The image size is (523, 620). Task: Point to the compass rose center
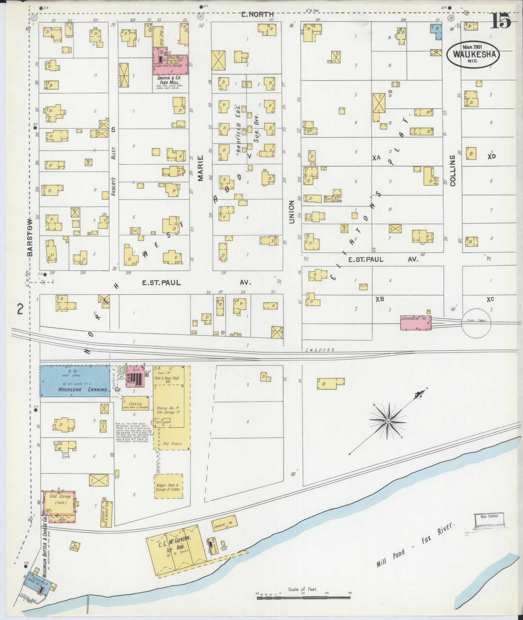(388, 421)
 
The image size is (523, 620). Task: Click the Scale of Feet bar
(303, 598)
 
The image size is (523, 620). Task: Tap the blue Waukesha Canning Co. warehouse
(75, 381)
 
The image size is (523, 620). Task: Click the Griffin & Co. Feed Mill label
(169, 80)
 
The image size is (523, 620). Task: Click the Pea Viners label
(172, 443)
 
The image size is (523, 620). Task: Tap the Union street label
(292, 212)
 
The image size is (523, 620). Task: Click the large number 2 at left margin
(20, 309)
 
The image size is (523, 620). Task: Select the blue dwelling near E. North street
(436, 31)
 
